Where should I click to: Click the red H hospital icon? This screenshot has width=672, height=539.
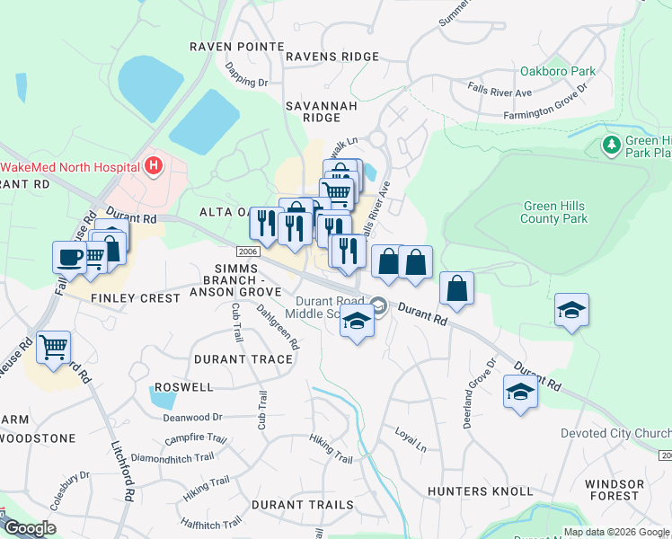154,166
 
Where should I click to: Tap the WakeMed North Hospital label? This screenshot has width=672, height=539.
70,167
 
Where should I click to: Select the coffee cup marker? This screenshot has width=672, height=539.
69,257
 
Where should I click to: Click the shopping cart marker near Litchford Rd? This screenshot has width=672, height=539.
54,346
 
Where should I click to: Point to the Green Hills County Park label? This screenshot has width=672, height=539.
554,212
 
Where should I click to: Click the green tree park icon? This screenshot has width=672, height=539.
612,145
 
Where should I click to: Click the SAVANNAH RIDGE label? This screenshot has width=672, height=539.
314,111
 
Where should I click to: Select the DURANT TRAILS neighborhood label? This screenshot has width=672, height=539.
303,505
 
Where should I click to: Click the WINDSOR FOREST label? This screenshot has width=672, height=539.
615,490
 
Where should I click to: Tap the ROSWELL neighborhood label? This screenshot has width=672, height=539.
183,387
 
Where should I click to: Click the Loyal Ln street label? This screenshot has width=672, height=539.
411,438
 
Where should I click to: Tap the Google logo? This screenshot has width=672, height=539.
30,528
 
